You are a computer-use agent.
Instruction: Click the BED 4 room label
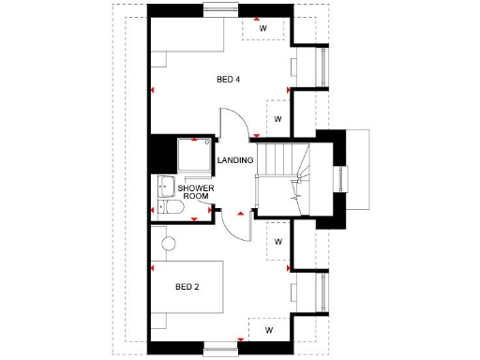point(229,80)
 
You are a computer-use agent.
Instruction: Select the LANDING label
point(234,161)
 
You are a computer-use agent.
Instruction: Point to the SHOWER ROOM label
point(196,193)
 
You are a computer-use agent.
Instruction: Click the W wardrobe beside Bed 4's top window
point(263,28)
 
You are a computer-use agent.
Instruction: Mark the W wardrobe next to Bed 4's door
point(277,119)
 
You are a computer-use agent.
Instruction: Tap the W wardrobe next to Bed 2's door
point(277,242)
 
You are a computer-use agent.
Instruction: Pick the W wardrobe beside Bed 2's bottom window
point(268,330)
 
